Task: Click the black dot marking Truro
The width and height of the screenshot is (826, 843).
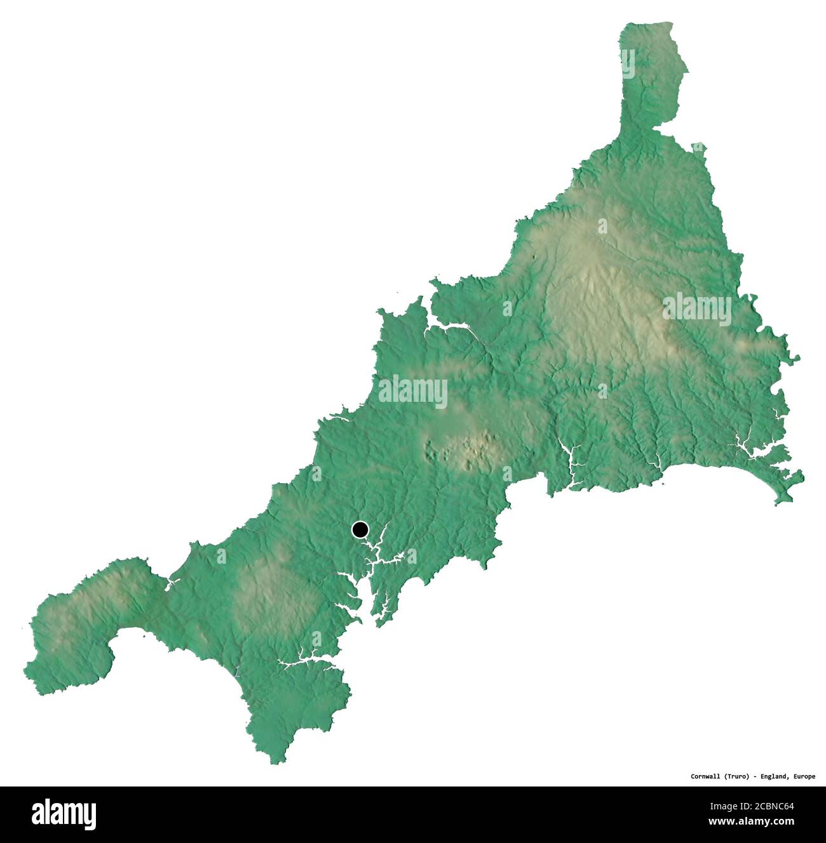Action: pos(360,529)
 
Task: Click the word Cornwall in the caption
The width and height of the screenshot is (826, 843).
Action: pos(707,776)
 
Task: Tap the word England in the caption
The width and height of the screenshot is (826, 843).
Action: pos(775,776)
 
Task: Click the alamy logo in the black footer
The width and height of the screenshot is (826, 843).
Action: pos(64,814)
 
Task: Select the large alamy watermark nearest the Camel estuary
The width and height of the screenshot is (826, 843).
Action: pos(412,391)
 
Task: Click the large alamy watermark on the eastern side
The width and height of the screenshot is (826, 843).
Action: pos(696,309)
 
